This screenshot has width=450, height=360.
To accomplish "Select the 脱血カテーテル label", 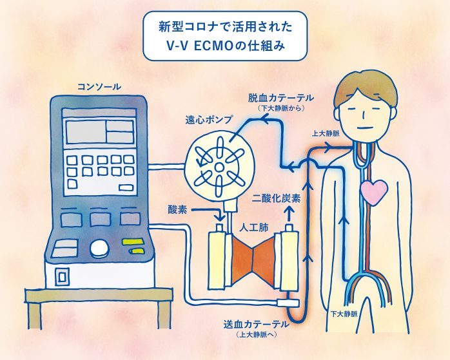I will coord(281,98).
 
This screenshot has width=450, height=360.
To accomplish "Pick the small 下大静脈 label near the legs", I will coord(342,315).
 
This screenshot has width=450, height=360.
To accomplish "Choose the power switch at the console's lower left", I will coord(62,276).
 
